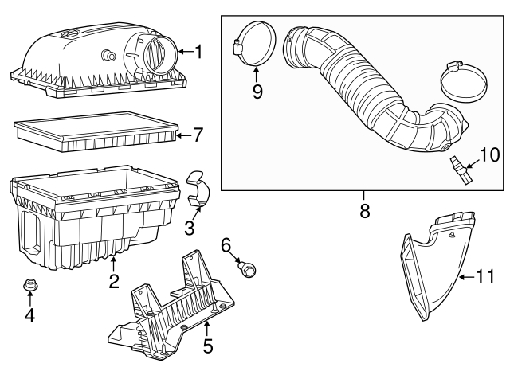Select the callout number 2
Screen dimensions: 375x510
(114, 280)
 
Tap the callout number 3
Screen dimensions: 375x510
(189, 229)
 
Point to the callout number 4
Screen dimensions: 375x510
(29, 316)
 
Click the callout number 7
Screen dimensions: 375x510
(198, 135)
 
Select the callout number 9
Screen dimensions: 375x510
(257, 90)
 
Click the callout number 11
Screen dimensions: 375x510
(485, 276)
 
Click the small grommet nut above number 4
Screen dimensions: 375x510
(30, 285)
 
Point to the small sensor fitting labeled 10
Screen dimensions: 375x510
(458, 170)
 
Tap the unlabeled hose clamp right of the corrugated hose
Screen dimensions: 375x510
(465, 84)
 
